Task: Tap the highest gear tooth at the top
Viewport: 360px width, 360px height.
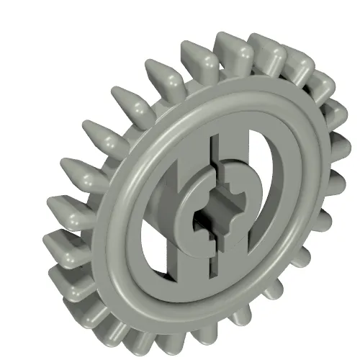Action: [x=232, y=45]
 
